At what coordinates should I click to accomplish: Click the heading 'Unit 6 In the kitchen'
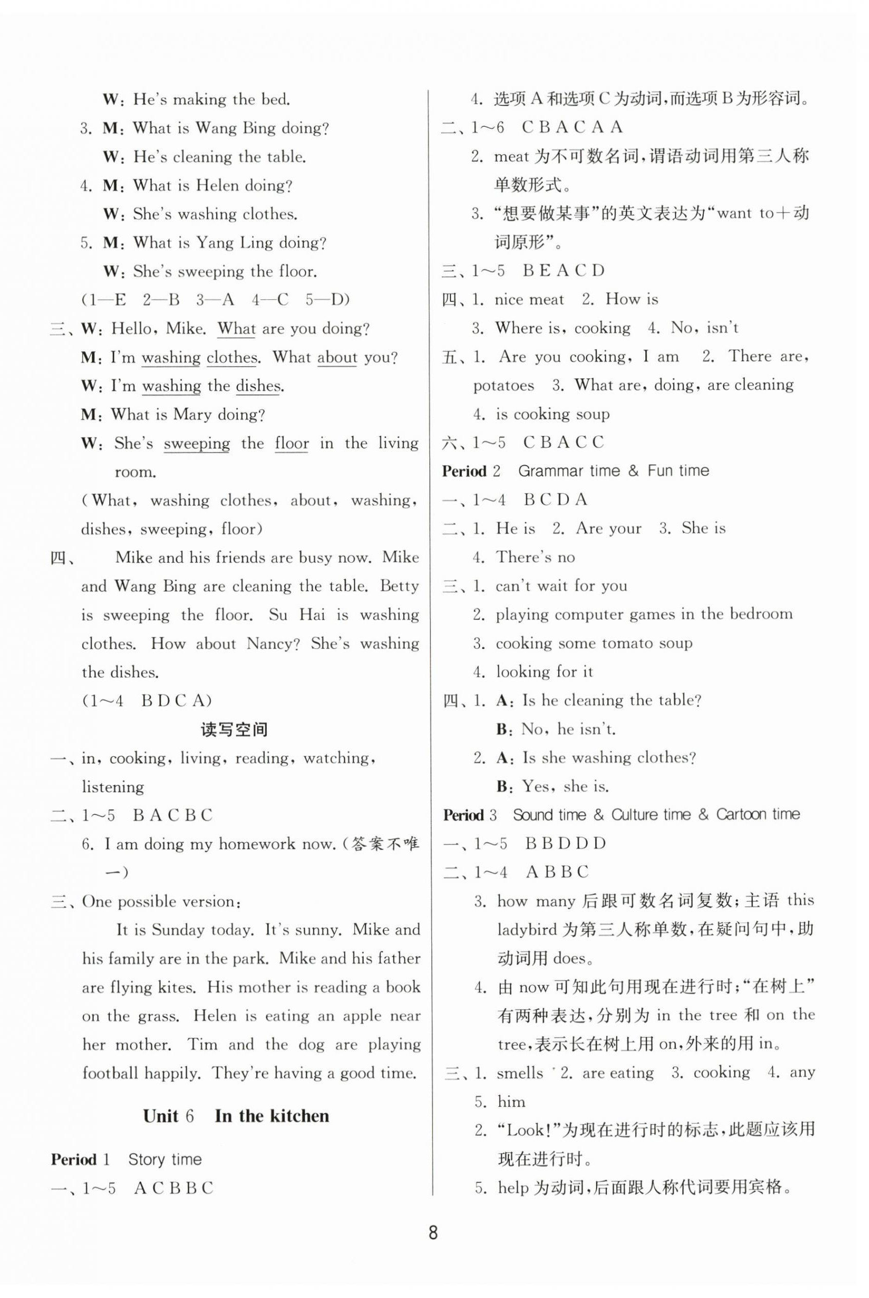tap(235, 1116)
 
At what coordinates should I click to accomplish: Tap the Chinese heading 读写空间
tap(234, 730)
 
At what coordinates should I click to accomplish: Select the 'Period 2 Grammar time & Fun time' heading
tap(575, 471)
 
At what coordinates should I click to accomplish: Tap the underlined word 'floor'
tap(291, 443)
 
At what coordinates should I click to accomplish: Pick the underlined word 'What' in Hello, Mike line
tap(236, 329)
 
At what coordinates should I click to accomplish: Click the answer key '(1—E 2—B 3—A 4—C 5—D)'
tap(215, 300)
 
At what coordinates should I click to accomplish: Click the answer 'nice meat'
tap(529, 299)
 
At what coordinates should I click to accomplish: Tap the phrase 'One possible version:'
tap(161, 902)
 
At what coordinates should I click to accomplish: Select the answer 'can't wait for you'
tap(561, 586)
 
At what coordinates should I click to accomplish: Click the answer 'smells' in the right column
tap(519, 1073)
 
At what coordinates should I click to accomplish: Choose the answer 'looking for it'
tap(544, 672)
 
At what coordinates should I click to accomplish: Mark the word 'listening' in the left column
tap(113, 787)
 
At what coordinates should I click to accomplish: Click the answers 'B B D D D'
tap(565, 844)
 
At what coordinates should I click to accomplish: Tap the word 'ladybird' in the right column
tap(525, 930)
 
